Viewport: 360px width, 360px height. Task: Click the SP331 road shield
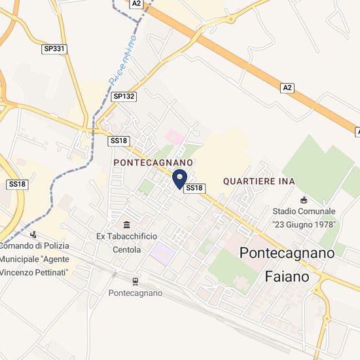54,49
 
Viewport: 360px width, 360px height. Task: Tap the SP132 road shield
123,96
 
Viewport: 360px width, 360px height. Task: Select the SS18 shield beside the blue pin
195,189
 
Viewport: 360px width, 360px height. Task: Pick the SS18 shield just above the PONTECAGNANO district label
118,141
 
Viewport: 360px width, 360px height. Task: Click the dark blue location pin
179,178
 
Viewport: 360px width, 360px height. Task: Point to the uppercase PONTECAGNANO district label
153,162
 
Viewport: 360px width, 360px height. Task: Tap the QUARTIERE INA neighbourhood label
259,181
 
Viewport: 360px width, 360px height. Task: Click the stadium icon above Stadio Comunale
303,200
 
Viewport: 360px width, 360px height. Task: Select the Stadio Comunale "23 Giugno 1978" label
304,218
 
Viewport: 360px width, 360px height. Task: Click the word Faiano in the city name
287,277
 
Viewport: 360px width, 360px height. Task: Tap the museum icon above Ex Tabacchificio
126,224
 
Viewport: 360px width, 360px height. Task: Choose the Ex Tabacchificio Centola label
126,242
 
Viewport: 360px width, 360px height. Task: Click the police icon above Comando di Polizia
33,234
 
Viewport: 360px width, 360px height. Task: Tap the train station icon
135,281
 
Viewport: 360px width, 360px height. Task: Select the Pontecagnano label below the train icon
135,293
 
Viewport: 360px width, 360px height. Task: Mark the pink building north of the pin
174,137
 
